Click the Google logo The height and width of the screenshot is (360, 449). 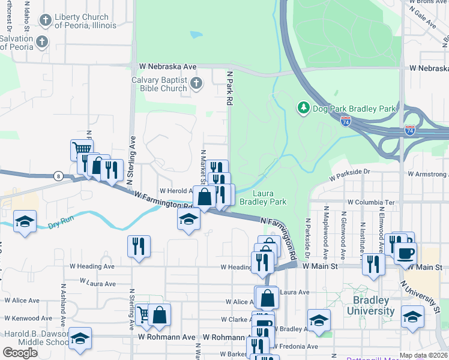20,352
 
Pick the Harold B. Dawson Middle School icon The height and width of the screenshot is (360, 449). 80,338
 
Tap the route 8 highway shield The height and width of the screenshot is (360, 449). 58,176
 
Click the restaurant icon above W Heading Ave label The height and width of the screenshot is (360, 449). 139,246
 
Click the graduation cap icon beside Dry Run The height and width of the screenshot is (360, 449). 25,221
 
